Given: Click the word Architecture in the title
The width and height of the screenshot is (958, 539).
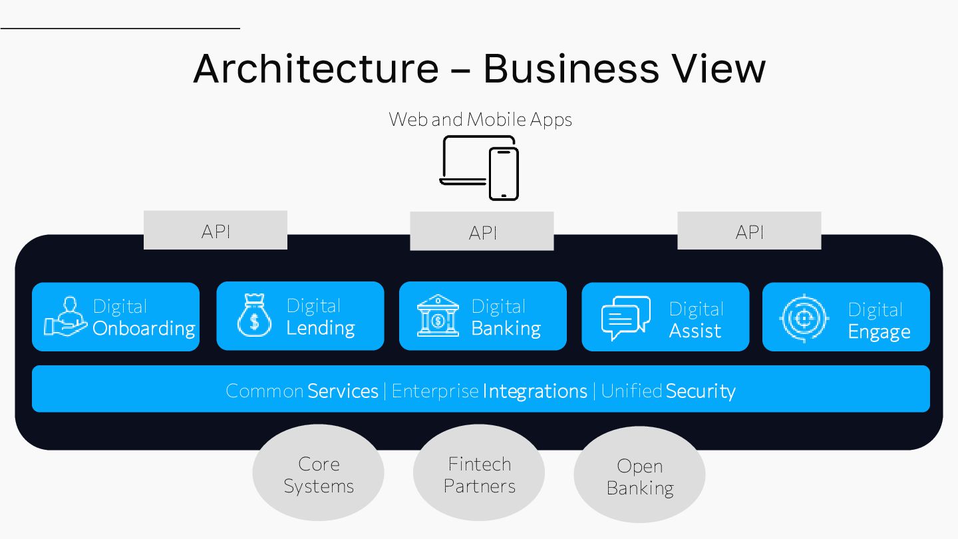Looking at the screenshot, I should (316, 68).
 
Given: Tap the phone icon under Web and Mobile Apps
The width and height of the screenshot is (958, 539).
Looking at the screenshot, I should (503, 173).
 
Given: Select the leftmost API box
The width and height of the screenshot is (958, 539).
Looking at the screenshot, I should (216, 230).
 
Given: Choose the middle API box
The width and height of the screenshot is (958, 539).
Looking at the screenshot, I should (482, 232).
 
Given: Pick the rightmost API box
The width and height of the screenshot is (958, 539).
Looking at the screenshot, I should (749, 231).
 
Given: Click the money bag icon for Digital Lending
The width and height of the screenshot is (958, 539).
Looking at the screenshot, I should (254, 316).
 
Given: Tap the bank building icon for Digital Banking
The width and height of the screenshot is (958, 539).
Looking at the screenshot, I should (438, 316).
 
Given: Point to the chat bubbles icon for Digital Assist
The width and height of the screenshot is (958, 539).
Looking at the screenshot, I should (625, 317).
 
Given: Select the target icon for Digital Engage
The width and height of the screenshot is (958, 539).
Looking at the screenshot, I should (804, 319).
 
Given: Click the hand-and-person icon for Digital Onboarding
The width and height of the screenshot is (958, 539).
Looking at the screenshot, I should (66, 317).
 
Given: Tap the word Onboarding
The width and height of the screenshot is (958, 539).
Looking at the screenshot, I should (144, 328).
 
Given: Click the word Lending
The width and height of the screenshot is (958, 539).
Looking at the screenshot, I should (321, 327).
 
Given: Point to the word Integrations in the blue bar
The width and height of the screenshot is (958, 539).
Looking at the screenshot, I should (535, 391).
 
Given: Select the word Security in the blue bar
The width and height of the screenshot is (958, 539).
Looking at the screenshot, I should (701, 391).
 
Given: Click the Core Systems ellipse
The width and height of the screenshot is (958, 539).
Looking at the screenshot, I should (318, 474).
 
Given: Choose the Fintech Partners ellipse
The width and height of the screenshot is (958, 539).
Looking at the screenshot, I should (479, 474).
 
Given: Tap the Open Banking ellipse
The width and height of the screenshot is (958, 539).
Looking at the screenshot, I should (639, 476).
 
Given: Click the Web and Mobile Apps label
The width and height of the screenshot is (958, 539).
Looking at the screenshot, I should (480, 120).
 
